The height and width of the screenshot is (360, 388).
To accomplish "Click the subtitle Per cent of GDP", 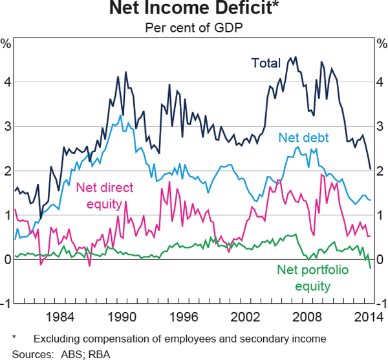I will pyautogui.click(x=194, y=28).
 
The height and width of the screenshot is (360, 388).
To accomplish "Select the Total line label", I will pyautogui.click(x=265, y=63).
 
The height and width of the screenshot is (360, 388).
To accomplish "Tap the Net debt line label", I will pyautogui.click(x=303, y=137).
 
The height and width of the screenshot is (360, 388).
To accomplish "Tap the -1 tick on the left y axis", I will pyautogui.click(x=5, y=304).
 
